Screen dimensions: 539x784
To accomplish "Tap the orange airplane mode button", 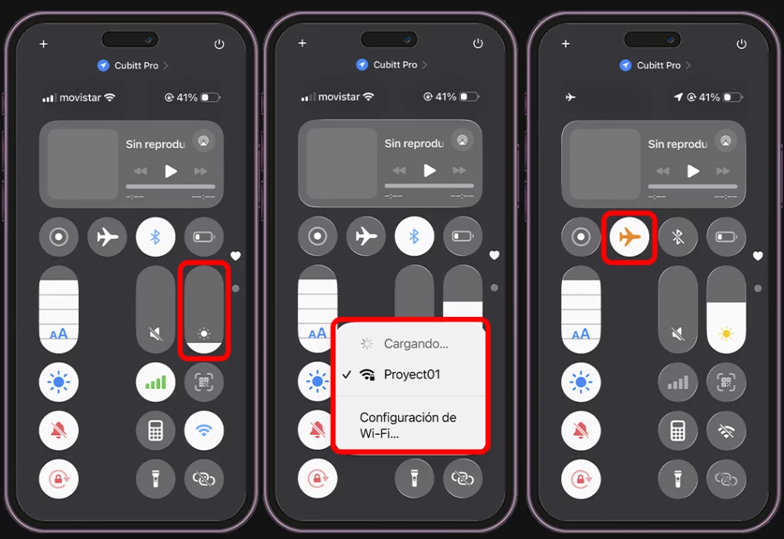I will [629, 237].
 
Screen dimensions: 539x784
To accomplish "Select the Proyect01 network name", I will [412, 374].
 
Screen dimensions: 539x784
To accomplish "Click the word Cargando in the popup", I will [416, 344].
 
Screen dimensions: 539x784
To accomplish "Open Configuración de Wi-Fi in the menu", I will [407, 425].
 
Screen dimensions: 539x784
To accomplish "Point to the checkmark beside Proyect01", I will [347, 374].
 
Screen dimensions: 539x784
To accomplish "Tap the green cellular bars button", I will [155, 381].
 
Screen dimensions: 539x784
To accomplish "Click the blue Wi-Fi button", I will [204, 430].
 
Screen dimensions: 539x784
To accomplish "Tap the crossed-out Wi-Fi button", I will [726, 430].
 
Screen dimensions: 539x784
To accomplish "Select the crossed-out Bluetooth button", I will [678, 237].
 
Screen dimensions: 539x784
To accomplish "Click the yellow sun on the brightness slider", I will [726, 334].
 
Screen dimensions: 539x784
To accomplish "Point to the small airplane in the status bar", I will [570, 97].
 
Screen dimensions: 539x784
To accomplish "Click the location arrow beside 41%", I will [678, 97].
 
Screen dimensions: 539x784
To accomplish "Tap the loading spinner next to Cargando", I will [367, 344].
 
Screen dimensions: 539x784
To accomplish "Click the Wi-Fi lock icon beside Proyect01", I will [367, 374].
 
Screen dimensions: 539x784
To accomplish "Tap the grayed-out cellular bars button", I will [678, 381].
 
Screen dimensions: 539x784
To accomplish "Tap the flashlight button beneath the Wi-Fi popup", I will [414, 479].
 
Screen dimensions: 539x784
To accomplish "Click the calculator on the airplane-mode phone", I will [678, 430].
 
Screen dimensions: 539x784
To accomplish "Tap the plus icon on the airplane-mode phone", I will [566, 44].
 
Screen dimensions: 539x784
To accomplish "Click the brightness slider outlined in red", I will [204, 310].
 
